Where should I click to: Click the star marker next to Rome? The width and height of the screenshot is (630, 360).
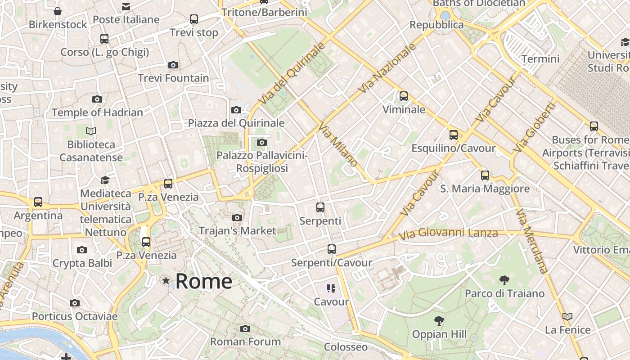click(x=166, y=281)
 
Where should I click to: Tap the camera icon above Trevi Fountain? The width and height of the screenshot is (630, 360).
click(x=173, y=65)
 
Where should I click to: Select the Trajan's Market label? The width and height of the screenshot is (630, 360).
click(x=237, y=231)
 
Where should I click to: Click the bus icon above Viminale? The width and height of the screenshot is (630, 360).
click(x=404, y=96)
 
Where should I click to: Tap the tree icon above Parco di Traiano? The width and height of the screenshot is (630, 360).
click(x=504, y=280)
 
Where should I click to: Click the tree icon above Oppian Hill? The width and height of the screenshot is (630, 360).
click(x=439, y=321)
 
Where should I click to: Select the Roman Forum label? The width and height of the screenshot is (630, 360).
click(x=245, y=342)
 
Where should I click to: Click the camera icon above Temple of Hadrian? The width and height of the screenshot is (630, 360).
click(x=97, y=99)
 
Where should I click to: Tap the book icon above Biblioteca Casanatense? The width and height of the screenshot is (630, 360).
click(x=91, y=131)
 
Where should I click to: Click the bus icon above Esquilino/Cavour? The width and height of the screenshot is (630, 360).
click(x=454, y=135)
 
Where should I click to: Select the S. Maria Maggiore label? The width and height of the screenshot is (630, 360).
click(x=485, y=189)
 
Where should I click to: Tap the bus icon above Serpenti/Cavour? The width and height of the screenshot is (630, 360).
click(x=332, y=249)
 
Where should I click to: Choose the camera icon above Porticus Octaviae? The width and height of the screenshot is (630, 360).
click(x=75, y=303)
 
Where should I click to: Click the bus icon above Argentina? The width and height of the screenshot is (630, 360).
click(x=38, y=202)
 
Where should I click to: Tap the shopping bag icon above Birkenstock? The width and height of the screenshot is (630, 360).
click(x=58, y=11)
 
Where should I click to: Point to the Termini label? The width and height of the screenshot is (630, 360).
click(x=540, y=59)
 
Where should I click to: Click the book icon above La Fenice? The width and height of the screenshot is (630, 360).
click(x=567, y=317)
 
